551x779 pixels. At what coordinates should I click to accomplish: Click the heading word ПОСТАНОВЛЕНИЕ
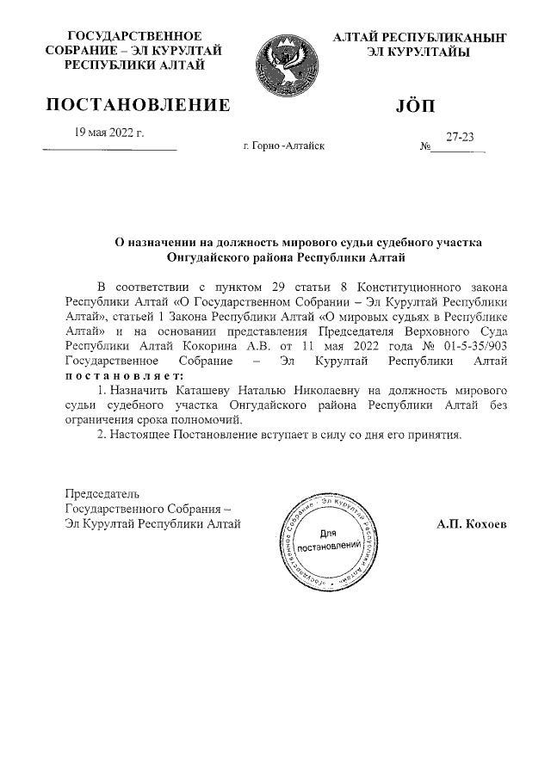click(138, 106)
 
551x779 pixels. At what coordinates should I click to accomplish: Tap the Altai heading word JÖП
click(418, 106)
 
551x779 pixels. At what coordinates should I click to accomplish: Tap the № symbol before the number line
click(424, 148)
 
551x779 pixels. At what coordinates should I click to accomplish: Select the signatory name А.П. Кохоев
click(472, 522)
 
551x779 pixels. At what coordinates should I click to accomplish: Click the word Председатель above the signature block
click(102, 493)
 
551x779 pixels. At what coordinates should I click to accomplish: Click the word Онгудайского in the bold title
click(209, 257)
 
